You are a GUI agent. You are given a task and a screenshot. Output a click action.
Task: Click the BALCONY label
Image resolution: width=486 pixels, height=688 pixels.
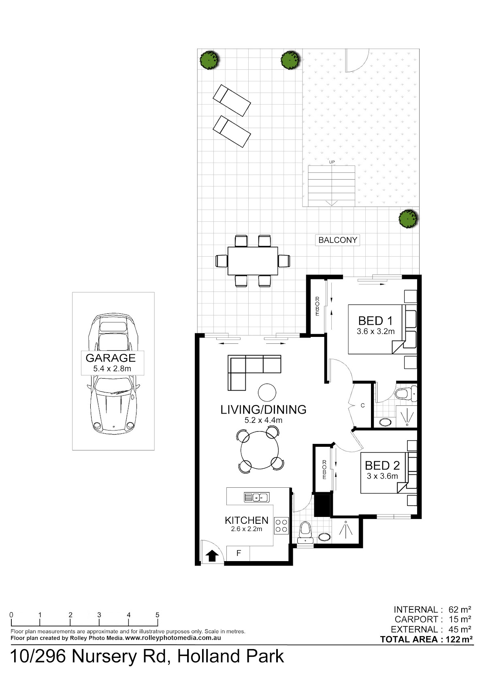[337, 240]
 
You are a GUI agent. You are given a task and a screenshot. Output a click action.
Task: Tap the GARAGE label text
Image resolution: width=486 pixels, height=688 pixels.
[111, 358]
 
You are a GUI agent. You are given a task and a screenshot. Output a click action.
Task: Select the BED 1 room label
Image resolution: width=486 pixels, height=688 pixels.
[375, 321]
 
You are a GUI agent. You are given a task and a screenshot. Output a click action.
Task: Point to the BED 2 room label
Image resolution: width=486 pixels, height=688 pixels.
[382, 466]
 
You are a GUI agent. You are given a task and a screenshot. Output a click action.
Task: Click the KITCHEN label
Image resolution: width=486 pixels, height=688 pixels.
[246, 520]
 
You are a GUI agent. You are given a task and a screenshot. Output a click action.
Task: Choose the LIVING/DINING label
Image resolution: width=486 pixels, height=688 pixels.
[263, 410]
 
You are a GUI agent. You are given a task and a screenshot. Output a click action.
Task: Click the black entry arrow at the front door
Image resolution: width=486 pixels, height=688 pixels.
[212, 555]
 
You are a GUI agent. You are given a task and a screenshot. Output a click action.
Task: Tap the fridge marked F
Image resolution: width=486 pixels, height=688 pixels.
[238, 553]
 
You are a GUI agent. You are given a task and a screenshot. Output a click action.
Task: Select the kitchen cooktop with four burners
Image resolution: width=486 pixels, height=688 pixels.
[281, 525]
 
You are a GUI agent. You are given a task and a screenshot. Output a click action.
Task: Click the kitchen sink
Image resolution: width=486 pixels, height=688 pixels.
[256, 497]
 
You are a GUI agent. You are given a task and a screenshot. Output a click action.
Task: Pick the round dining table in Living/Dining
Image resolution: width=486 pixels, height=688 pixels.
[260, 450]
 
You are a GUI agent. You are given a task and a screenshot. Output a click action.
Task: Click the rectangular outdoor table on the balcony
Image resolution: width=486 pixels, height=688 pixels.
[253, 261]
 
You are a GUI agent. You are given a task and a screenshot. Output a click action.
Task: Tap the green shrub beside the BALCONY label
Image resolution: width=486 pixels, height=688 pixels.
[408, 219]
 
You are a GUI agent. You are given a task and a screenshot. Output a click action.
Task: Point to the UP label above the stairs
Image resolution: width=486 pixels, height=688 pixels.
[332, 162]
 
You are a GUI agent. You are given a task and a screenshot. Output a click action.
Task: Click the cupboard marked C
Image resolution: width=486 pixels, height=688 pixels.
[362, 405]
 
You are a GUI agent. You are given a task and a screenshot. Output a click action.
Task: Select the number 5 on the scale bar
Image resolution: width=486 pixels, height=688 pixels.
[158, 615]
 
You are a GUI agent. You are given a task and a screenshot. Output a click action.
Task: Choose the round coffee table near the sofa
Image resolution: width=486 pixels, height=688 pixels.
[267, 392]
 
